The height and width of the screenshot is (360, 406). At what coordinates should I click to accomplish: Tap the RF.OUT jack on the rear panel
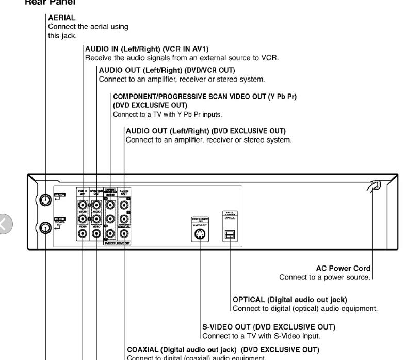pos(46,226)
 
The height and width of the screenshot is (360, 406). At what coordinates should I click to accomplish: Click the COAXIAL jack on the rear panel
pos(125,233)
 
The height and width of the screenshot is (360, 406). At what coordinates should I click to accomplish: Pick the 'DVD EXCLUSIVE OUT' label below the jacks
pos(118,243)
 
